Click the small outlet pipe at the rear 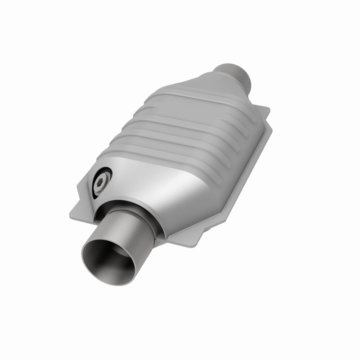point(234,75)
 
